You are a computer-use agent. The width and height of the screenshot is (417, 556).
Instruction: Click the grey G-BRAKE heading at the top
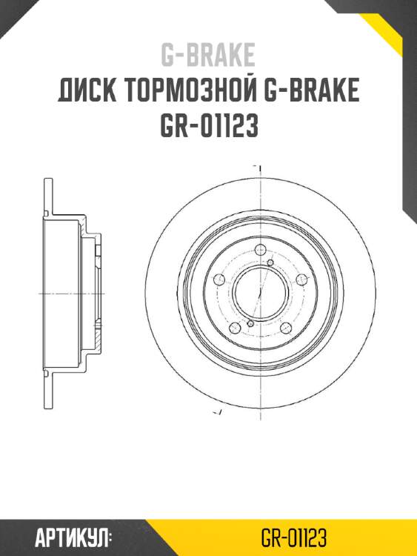click(x=208, y=55)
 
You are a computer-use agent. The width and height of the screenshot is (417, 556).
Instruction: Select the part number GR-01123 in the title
click(x=208, y=126)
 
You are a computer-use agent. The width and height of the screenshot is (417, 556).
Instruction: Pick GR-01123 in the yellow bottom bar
click(x=294, y=537)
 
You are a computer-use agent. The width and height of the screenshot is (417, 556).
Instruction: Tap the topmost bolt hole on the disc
click(x=260, y=251)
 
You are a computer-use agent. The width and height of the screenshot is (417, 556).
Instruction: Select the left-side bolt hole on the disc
click(x=218, y=279)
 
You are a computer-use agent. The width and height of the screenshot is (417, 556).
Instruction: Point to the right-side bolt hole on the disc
click(x=301, y=279)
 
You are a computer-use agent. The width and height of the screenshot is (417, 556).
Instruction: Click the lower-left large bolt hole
click(x=235, y=327)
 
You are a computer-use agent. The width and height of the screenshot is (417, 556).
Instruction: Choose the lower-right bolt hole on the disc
click(x=285, y=327)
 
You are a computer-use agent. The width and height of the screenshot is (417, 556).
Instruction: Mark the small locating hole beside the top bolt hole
click(x=271, y=262)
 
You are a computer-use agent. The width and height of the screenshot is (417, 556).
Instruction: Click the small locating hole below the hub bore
click(x=250, y=324)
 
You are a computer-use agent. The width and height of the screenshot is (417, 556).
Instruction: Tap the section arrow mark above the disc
click(x=255, y=167)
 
